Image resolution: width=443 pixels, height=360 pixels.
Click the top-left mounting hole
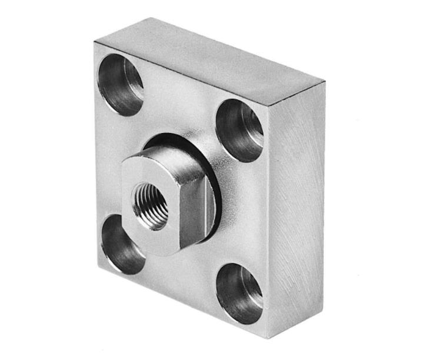click(120, 84)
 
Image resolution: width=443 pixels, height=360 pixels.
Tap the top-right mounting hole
click(239, 130)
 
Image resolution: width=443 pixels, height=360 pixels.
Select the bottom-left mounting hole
click(122, 244)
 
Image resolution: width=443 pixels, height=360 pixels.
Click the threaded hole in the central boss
click(151, 205)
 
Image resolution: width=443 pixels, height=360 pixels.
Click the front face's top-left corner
click(94, 43)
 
